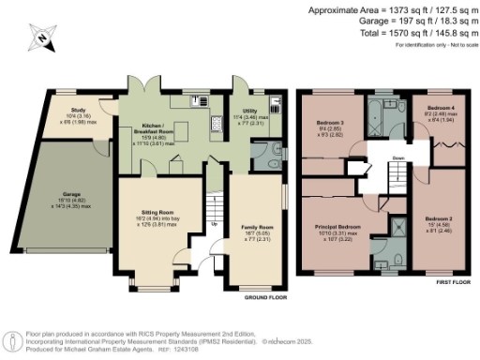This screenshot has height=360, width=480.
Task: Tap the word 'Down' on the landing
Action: pos(397,157)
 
